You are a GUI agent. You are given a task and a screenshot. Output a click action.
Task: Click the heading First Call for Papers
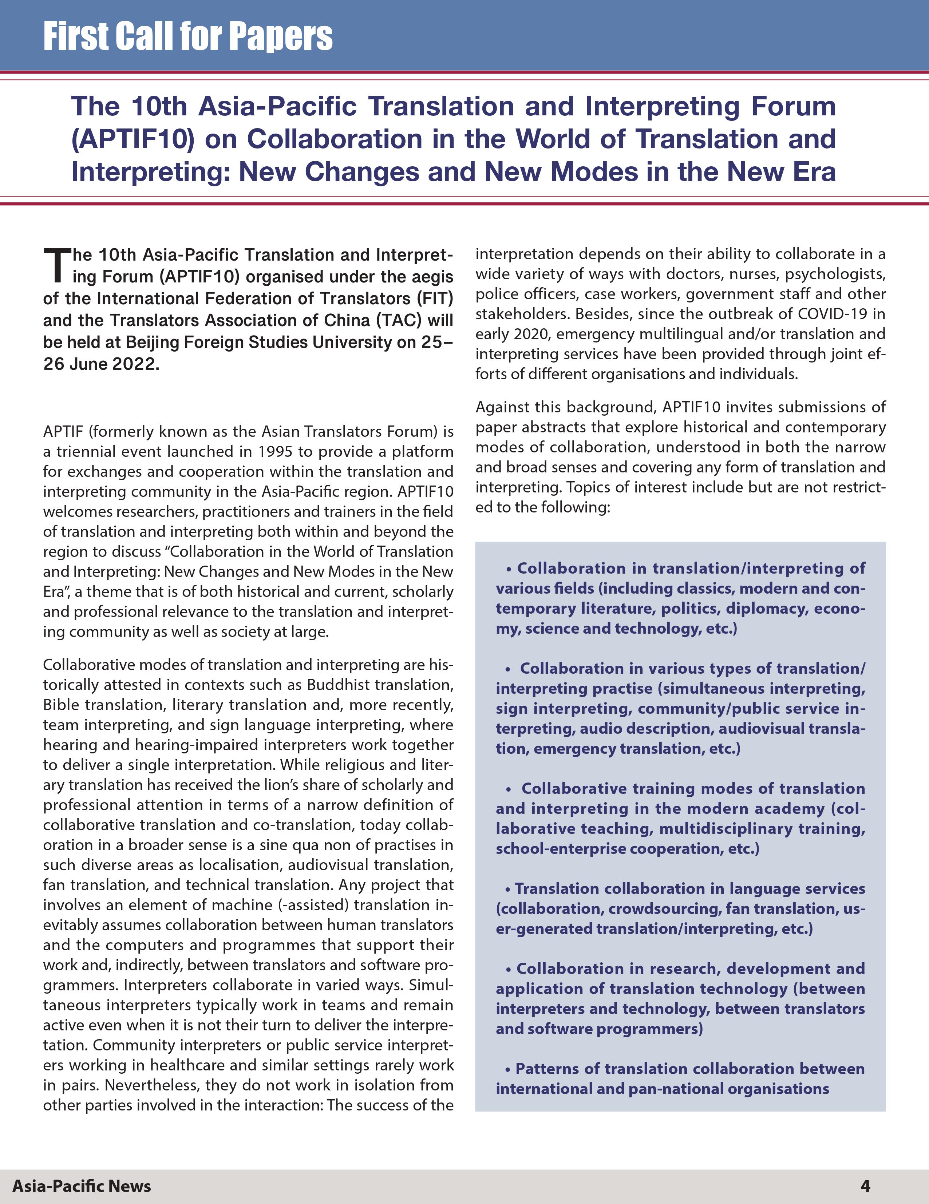click(x=187, y=36)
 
